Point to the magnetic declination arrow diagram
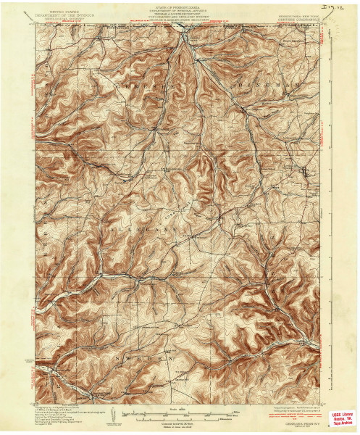[116, 416]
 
